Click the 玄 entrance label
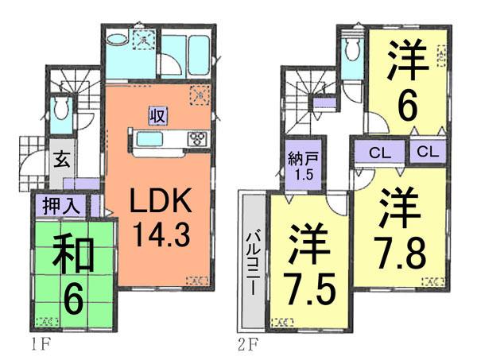[x=61, y=157]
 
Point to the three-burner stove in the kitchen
[x=196, y=139]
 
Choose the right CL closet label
[x=425, y=151]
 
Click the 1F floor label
[x=37, y=348]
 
